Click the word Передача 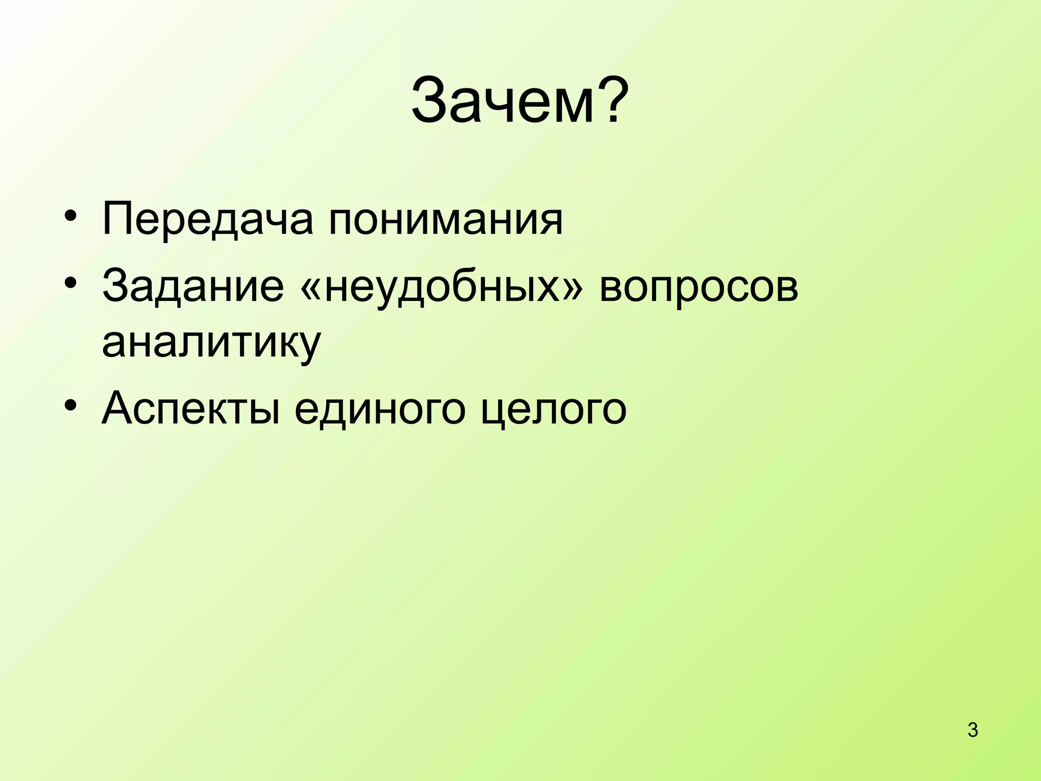[207, 220]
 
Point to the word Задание [193, 286]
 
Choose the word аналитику [211, 342]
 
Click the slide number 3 [973, 730]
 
